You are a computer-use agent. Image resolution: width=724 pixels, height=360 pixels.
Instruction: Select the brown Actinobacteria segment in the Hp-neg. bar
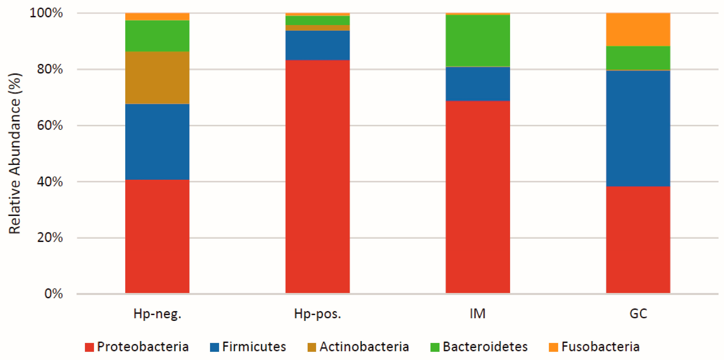pyautogui.click(x=157, y=78)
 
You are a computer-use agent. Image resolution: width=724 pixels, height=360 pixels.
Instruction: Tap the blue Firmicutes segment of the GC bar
pyautogui.click(x=638, y=128)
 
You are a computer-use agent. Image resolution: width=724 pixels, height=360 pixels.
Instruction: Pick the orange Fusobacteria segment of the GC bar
pyautogui.click(x=638, y=29)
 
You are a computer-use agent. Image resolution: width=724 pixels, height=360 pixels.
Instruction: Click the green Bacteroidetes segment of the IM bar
pyautogui.click(x=478, y=41)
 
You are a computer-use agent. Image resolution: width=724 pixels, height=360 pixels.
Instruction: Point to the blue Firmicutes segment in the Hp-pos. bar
pyautogui.click(x=318, y=45)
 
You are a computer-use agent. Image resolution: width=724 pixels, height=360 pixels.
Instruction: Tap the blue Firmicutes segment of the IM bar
pyautogui.click(x=478, y=84)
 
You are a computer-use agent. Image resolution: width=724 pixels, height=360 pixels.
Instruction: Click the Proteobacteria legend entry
pyautogui.click(x=137, y=347)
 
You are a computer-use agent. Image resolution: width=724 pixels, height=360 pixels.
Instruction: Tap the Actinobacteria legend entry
pyautogui.click(x=358, y=347)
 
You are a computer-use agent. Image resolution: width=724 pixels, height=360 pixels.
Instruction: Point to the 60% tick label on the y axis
pyautogui.click(x=50, y=125)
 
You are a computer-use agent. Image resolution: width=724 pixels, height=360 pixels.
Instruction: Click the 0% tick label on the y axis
pyautogui.click(x=53, y=294)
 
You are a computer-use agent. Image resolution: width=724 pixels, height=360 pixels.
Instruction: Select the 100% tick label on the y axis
pyautogui.click(x=46, y=13)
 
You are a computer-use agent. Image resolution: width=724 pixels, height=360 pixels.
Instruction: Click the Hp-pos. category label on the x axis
pyautogui.click(x=318, y=314)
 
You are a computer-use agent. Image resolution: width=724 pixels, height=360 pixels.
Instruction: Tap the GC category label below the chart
pyautogui.click(x=638, y=314)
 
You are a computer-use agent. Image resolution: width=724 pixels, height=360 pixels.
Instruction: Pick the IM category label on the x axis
pyautogui.click(x=478, y=314)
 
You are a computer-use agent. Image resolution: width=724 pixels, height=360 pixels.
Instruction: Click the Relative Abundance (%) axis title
pyautogui.click(x=15, y=153)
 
